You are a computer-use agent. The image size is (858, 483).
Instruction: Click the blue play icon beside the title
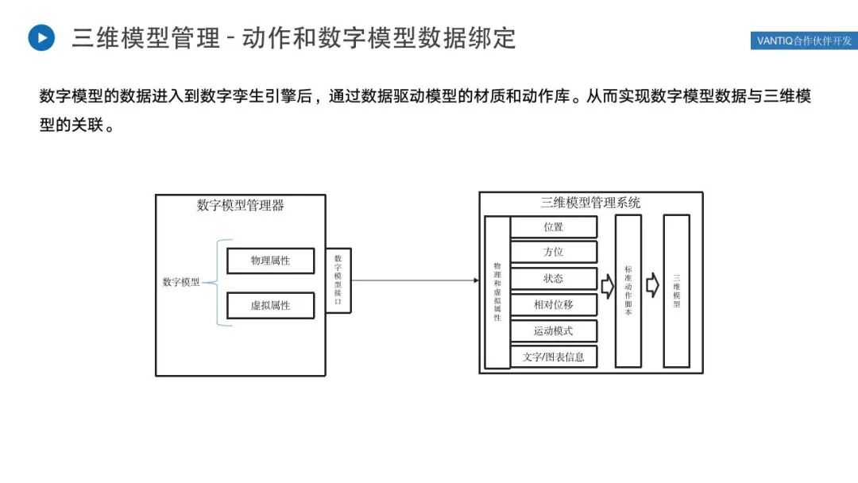(x=41, y=37)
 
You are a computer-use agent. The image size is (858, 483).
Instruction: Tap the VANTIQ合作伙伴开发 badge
(x=803, y=41)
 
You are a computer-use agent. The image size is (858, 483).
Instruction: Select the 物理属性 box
(x=270, y=261)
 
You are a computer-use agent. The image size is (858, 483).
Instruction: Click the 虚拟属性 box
(x=270, y=305)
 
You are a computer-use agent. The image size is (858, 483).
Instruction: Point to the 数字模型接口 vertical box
(x=338, y=280)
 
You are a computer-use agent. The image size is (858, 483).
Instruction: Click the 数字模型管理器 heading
(x=240, y=206)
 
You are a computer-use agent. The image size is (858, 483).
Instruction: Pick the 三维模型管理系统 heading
(x=590, y=203)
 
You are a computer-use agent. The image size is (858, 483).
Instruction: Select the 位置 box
(x=553, y=227)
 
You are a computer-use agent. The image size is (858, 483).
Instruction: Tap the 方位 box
(x=553, y=253)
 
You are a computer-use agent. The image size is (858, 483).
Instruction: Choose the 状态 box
(x=553, y=279)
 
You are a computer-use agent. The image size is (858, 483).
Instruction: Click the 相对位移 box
(x=553, y=304)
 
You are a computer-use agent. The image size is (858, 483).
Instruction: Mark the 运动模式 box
(x=553, y=330)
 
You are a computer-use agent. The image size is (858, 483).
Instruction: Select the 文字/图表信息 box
(x=553, y=357)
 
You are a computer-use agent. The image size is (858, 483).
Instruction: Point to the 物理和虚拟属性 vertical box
(x=497, y=292)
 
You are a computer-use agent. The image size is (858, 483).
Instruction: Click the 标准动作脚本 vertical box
(x=628, y=291)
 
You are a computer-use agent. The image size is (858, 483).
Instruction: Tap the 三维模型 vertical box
(x=677, y=291)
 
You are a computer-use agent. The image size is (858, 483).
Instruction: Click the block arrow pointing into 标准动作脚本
(x=607, y=286)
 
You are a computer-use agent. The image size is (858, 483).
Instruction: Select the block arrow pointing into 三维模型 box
(x=652, y=285)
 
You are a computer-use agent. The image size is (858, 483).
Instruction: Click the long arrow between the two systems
(x=413, y=280)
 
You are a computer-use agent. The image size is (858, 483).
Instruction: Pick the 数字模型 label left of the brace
(x=181, y=282)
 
